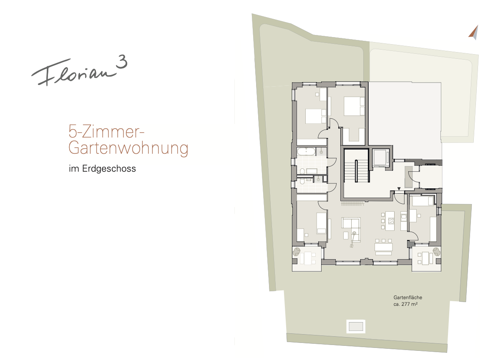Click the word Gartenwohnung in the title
click(128, 149)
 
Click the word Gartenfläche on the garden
click(407, 297)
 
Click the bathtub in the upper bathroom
click(306, 152)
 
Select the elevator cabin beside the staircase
click(380, 157)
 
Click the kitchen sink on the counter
click(403, 217)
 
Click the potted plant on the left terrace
click(297, 251)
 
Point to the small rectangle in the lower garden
click(356, 327)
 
